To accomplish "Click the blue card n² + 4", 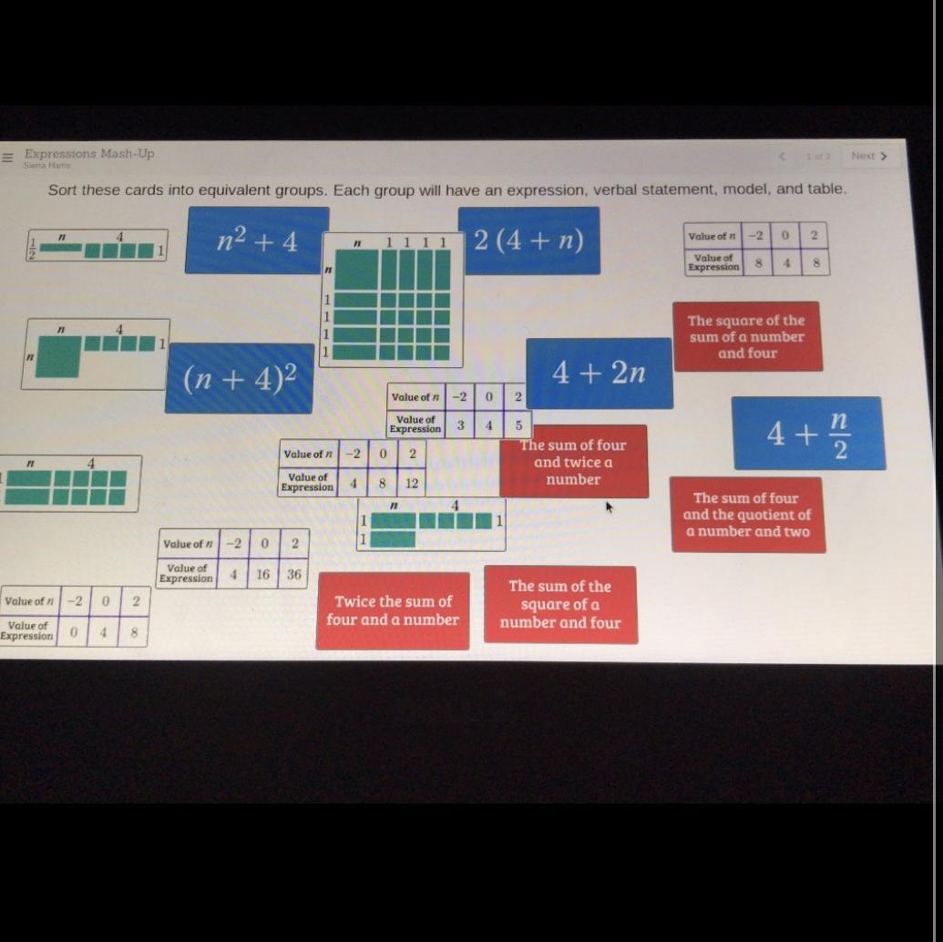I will pos(257,241).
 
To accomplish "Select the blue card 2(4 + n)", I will pos(528,241).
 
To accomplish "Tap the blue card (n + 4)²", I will pos(239,378).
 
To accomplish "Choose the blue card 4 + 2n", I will pos(600,373).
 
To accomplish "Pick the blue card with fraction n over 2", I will pos(808,434).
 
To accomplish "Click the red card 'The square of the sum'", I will pos(747,337).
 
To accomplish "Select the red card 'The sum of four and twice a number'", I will pos(574,462).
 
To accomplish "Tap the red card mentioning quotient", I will pos(747,515).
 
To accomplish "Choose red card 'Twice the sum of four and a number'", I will pos(393,610).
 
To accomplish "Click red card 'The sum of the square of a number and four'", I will pos(560,605).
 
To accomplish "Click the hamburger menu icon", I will pos(7,158).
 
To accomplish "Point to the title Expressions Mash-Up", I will pos(89,153).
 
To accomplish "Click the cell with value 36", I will pos(293,575).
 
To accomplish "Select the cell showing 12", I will pos(412,484).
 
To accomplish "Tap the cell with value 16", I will pos(263,575).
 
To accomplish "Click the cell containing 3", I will pos(460,425).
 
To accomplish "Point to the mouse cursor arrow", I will pos(609,507).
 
